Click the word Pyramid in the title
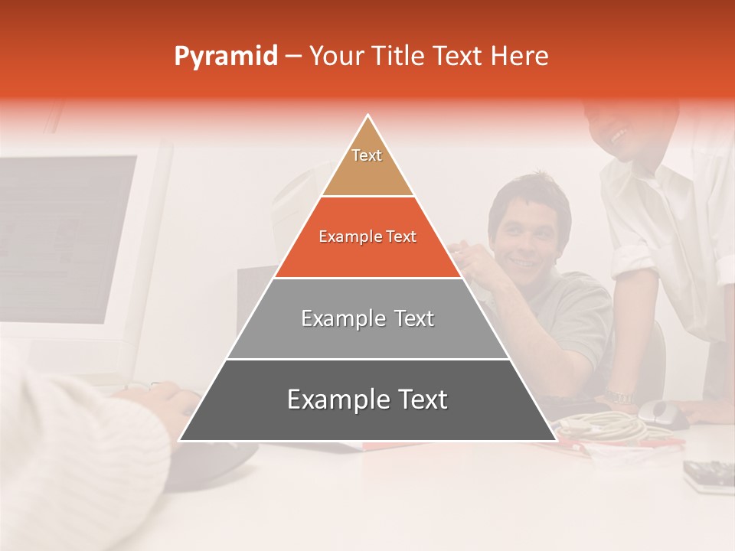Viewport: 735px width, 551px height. coord(225,57)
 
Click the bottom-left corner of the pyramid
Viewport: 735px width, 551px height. coord(181,440)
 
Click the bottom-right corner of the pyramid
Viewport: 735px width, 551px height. coord(554,440)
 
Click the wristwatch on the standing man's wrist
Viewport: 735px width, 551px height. coord(617,396)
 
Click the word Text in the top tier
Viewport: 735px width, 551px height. coord(367,155)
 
